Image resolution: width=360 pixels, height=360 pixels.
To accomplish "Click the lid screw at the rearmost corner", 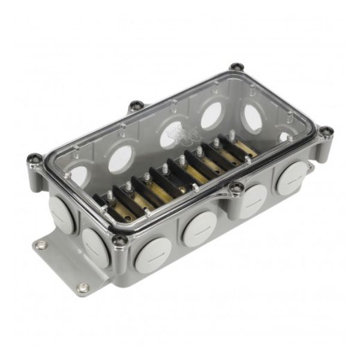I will tap(236, 66).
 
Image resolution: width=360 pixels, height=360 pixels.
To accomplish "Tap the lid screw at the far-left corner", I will tap(34, 159).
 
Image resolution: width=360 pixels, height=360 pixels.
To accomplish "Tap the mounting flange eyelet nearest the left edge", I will tap(41, 245).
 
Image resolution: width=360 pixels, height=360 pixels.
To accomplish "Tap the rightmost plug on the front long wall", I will tap(291, 178).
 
